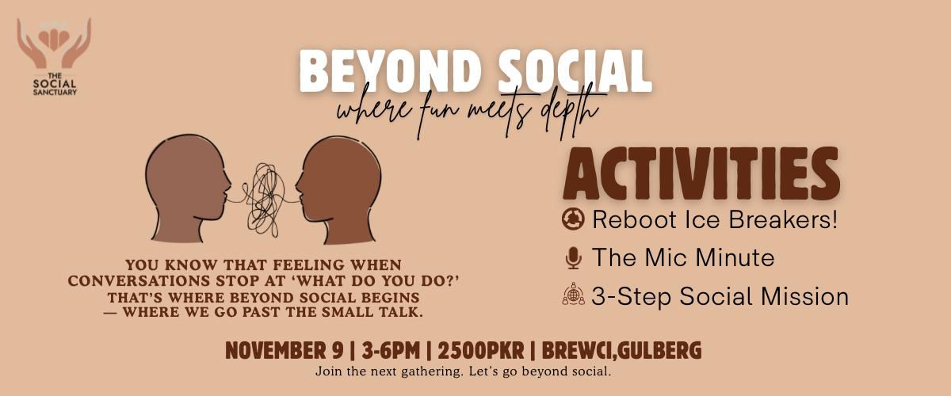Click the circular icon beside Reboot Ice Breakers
tap(572, 219)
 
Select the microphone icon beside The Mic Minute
tap(572, 258)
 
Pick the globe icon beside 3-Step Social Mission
tap(572, 296)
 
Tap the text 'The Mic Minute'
tap(682, 258)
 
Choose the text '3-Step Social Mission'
tap(720, 297)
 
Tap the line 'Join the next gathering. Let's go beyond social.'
tap(464, 371)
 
